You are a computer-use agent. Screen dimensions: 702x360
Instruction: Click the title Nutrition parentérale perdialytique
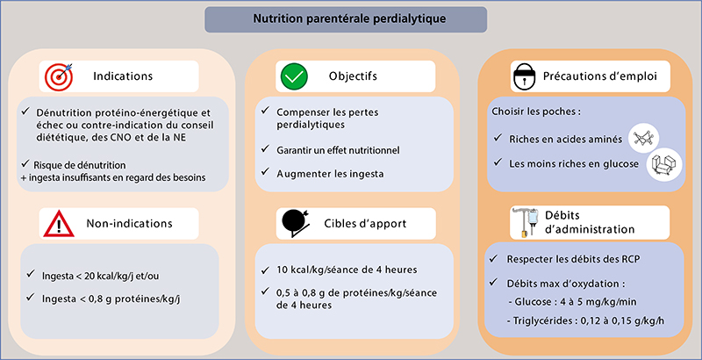click(349, 18)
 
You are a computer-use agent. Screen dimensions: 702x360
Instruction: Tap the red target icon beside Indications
click(58, 76)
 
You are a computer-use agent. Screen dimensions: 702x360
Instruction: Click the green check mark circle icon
click(294, 76)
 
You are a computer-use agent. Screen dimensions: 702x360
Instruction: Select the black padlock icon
click(522, 76)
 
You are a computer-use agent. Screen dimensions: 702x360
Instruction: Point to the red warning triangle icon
click(58, 223)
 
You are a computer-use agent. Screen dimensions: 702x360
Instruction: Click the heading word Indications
click(123, 76)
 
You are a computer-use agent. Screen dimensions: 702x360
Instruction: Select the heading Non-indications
click(129, 222)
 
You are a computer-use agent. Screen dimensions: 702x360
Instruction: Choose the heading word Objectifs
click(353, 76)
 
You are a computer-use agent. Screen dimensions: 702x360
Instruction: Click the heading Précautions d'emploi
click(600, 76)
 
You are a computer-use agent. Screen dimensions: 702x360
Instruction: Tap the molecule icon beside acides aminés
click(644, 139)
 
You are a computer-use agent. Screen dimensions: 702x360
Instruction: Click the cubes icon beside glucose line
click(665, 164)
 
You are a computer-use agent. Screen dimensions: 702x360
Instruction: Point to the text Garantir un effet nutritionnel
click(338, 150)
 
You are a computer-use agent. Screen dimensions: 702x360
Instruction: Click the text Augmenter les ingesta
click(330, 174)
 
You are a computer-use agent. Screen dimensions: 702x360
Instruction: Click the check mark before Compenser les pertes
click(266, 110)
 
